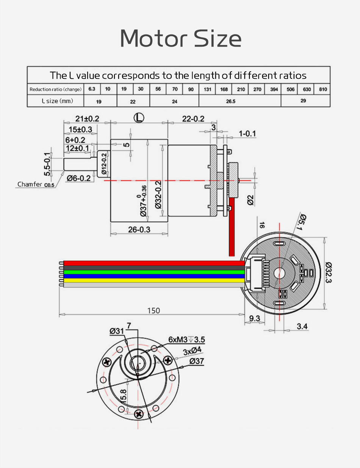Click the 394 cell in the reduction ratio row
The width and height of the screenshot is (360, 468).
click(x=272, y=89)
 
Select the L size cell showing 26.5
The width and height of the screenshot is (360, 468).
click(x=230, y=101)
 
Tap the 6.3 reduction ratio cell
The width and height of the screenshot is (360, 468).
click(x=92, y=89)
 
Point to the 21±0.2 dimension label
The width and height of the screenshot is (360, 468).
click(x=87, y=119)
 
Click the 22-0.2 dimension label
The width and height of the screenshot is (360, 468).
click(x=193, y=119)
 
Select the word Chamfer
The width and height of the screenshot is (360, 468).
click(x=30, y=184)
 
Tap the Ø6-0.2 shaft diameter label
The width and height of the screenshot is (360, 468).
click(x=79, y=178)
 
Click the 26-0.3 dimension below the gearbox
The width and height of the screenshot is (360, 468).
click(x=139, y=229)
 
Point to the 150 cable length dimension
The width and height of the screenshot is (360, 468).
click(x=153, y=310)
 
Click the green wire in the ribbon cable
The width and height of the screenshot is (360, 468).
click(x=152, y=272)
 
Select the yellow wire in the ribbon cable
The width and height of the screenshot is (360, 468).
click(x=152, y=281)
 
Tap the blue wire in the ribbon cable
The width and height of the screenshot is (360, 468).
click(x=152, y=276)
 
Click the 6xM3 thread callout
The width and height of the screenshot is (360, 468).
click(x=189, y=340)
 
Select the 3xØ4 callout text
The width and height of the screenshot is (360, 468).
click(x=192, y=351)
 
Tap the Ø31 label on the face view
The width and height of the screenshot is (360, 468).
click(x=117, y=331)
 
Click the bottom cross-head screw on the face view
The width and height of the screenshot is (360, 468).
click(x=139, y=414)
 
